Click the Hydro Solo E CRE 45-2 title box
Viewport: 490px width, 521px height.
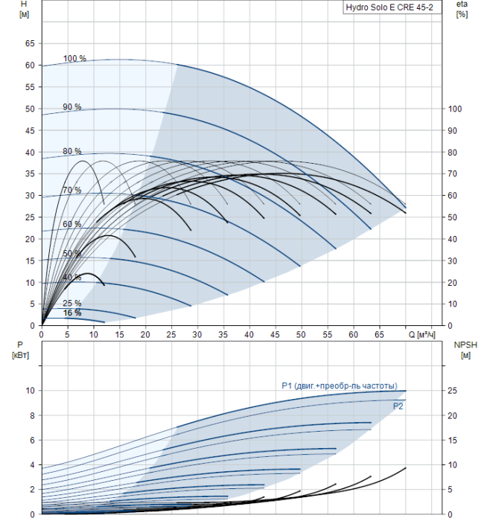click(x=392, y=7)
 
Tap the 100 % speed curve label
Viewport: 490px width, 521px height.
click(x=74, y=59)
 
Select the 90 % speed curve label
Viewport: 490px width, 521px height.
click(x=71, y=107)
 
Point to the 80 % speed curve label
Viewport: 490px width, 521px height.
click(x=71, y=151)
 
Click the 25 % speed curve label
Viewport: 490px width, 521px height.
click(x=71, y=303)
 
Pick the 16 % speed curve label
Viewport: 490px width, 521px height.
click(x=71, y=313)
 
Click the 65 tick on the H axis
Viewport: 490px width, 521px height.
click(x=30, y=43)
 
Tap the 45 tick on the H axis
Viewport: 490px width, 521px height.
click(x=30, y=130)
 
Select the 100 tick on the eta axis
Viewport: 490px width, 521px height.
click(x=454, y=109)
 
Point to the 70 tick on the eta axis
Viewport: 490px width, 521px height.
click(x=452, y=173)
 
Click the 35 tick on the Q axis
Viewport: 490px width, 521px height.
click(x=223, y=335)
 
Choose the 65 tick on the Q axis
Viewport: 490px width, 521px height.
click(x=379, y=335)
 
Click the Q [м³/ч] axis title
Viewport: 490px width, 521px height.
click(x=421, y=335)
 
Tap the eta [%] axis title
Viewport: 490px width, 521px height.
click(x=462, y=9)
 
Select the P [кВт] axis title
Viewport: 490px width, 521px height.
click(x=20, y=350)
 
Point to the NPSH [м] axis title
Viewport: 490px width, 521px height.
click(x=465, y=350)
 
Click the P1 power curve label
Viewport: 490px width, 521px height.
click(x=340, y=386)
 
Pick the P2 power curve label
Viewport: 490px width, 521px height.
click(x=398, y=406)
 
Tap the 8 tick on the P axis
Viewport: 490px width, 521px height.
click(x=32, y=415)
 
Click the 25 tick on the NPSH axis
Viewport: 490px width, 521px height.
click(x=452, y=391)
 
